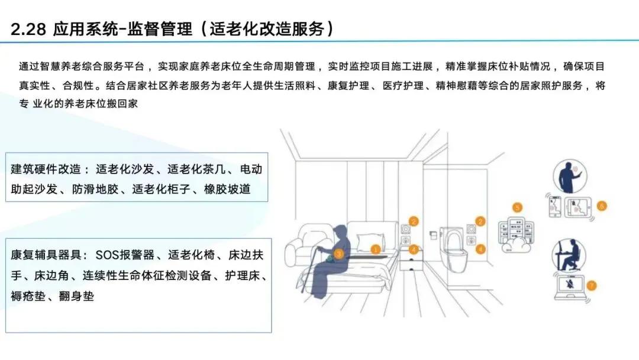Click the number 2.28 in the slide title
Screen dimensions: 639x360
(x=28, y=29)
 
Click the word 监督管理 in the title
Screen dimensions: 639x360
(x=159, y=29)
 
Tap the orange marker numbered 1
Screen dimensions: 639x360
(x=375, y=249)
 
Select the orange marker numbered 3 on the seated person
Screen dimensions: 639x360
(x=338, y=255)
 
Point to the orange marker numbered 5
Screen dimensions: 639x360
(x=517, y=207)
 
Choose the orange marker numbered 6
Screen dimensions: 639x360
(x=602, y=206)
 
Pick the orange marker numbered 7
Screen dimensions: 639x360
(x=591, y=285)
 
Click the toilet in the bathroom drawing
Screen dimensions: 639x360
(x=454, y=248)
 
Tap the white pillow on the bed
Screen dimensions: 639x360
(x=370, y=242)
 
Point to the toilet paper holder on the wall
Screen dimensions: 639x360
(x=434, y=235)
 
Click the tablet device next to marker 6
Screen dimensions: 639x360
(x=578, y=207)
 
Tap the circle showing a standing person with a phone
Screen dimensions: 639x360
(x=570, y=176)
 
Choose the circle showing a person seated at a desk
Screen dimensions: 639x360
(x=569, y=256)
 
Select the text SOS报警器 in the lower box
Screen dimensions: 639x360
(x=125, y=255)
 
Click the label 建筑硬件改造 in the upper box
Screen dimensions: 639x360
(x=46, y=169)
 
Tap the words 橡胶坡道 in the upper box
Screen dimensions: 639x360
(x=227, y=189)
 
